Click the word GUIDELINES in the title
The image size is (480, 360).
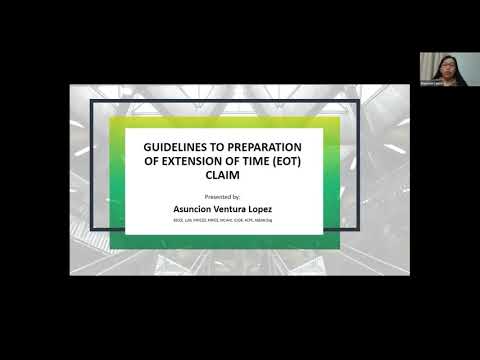point(177,145)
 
